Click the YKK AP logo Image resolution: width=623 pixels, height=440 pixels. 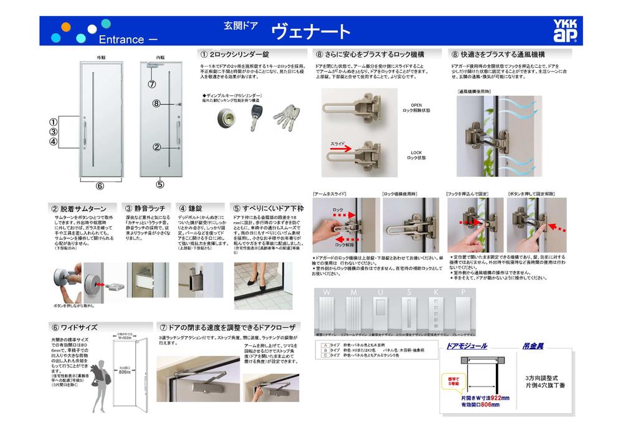(564, 30)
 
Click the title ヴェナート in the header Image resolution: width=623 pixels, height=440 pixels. (310, 31)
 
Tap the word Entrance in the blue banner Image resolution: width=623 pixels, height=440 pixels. (121, 39)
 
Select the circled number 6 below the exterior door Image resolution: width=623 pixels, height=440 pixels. (100, 185)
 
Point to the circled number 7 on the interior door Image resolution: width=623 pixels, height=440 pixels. (151, 83)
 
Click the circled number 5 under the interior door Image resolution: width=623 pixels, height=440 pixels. (160, 184)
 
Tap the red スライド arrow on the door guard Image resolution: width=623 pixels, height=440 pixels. (340, 147)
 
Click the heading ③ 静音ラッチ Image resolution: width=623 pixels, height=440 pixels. (147, 208)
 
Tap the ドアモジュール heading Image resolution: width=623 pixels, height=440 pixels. (467, 345)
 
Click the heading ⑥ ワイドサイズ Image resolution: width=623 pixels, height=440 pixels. (74, 327)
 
